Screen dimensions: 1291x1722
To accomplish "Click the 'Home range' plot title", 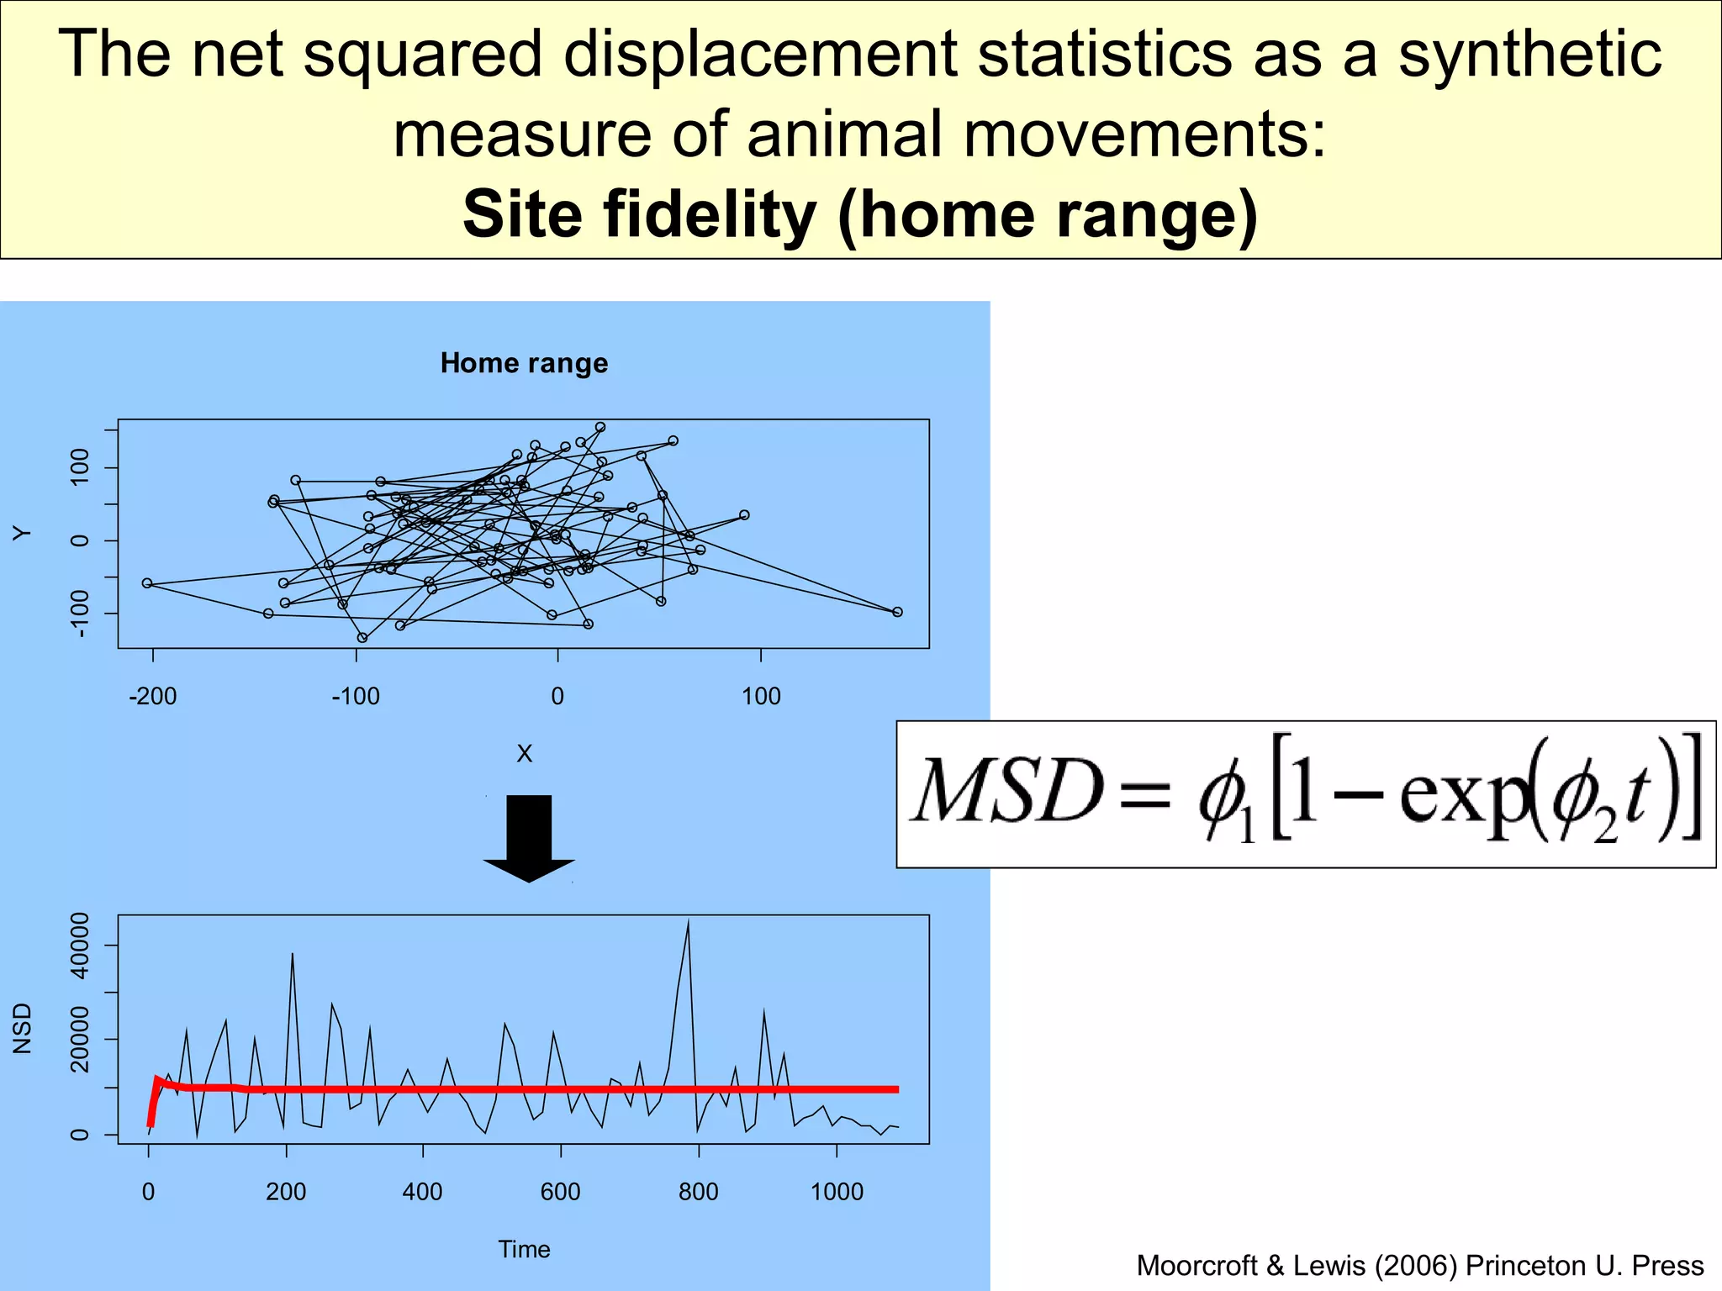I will point(524,363).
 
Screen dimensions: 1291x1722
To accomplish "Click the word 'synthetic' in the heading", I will point(1529,54).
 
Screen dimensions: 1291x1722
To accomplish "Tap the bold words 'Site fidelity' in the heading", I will point(639,214).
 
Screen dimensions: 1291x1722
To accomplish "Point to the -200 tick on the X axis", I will point(152,696).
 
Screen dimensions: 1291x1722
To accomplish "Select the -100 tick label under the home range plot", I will point(356,696).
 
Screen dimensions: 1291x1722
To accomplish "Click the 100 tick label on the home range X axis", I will point(761,696).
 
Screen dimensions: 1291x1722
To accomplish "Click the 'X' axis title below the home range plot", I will point(524,754).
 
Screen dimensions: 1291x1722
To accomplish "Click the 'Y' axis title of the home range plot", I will point(23,533).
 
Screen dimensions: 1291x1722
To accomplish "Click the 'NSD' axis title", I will point(23,1028).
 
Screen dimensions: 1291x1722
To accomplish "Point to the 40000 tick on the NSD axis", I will point(80,946).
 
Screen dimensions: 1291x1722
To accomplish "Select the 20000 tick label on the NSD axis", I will point(80,1041).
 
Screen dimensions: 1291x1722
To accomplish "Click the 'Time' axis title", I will point(524,1249).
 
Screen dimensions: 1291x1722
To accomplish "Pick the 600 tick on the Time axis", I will point(560,1192).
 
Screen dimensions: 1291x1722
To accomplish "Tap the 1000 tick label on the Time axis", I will point(837,1192).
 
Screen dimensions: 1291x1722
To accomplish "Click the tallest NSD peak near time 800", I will point(688,923).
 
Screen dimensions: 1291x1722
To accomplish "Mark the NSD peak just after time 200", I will point(292,955).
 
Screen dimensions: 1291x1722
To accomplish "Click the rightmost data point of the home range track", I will point(897,612).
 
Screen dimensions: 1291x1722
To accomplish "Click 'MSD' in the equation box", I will point(1007,792).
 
